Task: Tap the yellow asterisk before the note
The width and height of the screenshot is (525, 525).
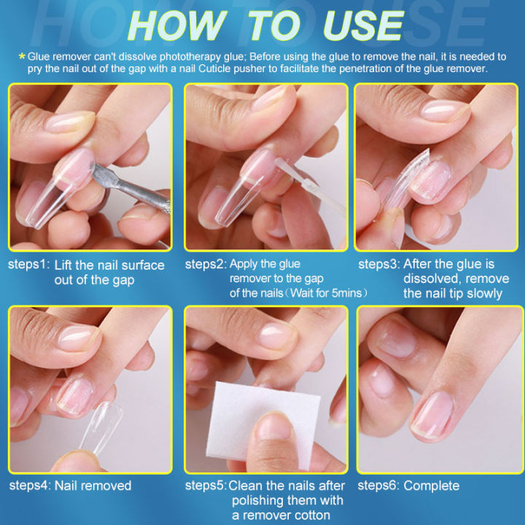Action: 22,55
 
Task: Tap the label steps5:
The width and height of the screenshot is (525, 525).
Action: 205,485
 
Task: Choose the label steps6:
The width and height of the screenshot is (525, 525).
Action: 378,485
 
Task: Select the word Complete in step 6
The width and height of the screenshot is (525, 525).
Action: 432,485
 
